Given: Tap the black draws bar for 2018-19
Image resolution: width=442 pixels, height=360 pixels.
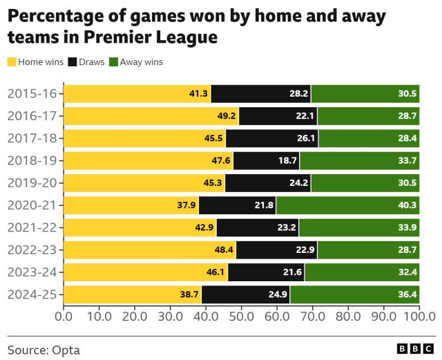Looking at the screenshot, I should click(266, 160).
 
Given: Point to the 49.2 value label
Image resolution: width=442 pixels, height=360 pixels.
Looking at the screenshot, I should click(228, 116).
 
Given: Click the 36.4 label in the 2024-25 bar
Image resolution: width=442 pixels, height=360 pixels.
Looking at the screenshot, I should click(407, 294).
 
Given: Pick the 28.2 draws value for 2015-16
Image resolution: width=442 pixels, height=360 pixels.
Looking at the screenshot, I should click(299, 93).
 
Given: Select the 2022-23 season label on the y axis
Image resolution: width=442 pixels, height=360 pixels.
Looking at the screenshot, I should click(32, 250).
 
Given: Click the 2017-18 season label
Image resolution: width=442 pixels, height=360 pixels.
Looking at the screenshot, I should click(32, 138).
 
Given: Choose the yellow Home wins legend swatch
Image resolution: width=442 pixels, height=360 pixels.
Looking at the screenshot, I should click(12, 62).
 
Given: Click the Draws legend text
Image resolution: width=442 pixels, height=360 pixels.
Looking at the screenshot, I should click(91, 62).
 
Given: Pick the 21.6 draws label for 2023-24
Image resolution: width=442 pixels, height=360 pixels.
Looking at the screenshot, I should click(294, 272).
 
